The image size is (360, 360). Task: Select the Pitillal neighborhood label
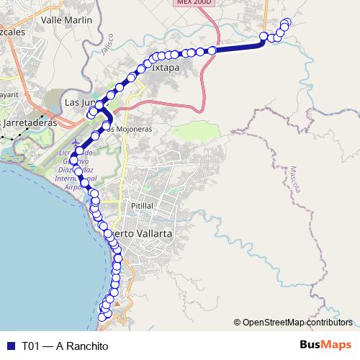142,205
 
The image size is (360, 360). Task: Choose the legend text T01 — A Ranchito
65,346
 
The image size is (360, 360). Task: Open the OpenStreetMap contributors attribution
297,323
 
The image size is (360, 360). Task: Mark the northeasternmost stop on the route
288,22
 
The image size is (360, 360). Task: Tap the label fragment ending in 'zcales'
13,32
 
